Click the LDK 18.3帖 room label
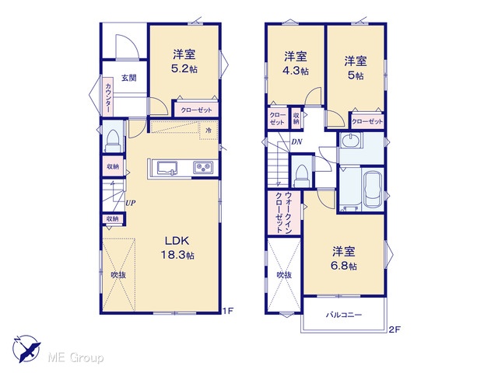177,248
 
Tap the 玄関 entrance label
129,78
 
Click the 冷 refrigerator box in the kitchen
209,131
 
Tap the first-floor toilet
113,141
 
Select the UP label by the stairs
131,203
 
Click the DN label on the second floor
296,141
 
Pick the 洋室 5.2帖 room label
184,61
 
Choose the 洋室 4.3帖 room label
296,64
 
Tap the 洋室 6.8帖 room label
344,259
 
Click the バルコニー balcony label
344,315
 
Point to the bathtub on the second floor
373,190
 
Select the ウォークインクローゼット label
284,212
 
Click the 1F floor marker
228,311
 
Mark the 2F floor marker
395,329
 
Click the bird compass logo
26,349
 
